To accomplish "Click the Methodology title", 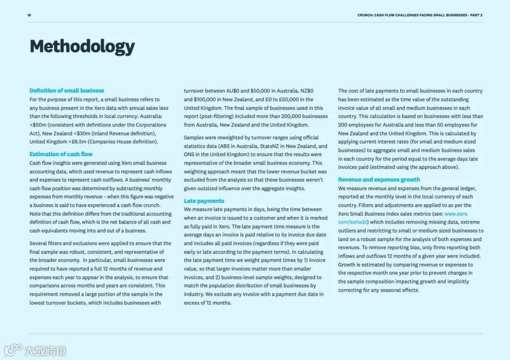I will click(x=82, y=47).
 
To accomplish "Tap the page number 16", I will click(x=29, y=15).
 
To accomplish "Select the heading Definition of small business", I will click(x=67, y=91).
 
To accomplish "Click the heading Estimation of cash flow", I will click(x=61, y=154).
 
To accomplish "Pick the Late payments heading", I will click(x=204, y=201).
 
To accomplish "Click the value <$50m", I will click(x=39, y=125).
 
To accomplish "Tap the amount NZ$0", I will click(x=307, y=91).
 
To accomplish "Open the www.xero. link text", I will click(x=456, y=214).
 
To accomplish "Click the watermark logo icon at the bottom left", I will click(x=13, y=350).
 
